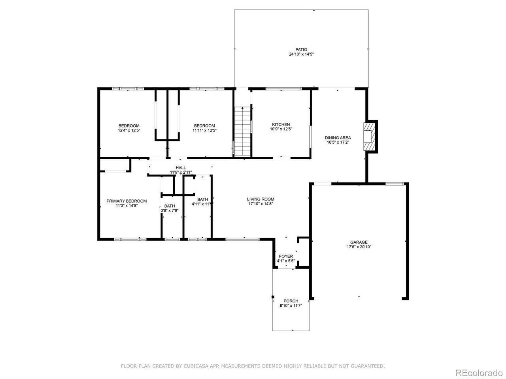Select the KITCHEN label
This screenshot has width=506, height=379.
(281, 124)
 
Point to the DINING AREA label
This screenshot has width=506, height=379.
(338, 138)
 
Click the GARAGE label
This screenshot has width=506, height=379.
(359, 242)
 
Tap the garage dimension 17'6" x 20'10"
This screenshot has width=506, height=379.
(359, 247)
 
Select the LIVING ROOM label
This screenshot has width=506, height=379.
(261, 199)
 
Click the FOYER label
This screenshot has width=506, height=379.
(286, 256)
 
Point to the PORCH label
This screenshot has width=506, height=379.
(291, 301)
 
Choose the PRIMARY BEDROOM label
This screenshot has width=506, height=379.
(126, 201)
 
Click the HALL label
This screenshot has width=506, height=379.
(181, 168)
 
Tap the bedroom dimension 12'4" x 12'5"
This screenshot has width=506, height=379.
(129, 130)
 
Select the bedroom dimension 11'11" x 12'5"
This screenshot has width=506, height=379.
(204, 130)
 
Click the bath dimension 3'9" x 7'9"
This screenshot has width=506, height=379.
(170, 211)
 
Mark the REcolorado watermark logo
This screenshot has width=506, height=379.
(478, 373)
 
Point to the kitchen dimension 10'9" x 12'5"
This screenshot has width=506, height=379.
(281, 129)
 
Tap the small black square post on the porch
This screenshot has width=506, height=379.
(273, 297)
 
